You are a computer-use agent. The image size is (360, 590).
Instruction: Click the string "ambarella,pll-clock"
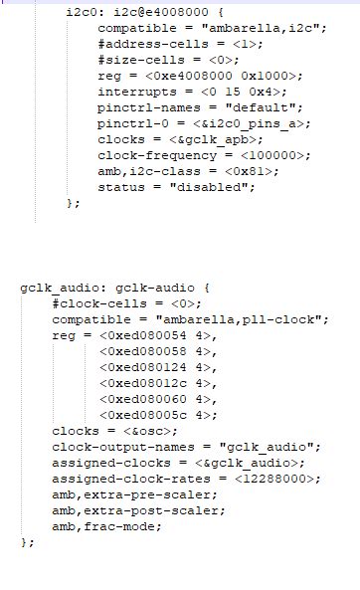click(242, 319)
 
